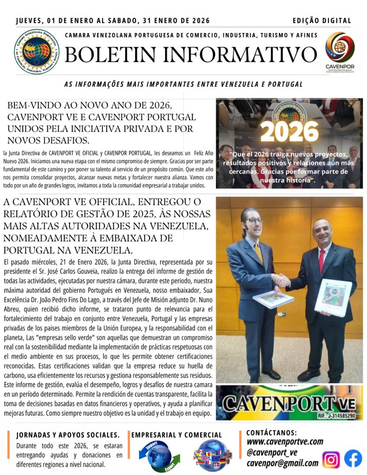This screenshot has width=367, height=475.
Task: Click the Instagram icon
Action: [x=331, y=459]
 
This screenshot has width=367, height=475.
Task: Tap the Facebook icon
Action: [x=353, y=459]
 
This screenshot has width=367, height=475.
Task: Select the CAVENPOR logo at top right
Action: [x=340, y=51]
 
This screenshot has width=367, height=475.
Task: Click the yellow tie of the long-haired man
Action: [x=258, y=252]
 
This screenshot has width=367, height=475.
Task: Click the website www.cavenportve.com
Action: [x=284, y=442]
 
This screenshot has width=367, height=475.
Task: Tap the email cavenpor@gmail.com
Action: [x=282, y=462]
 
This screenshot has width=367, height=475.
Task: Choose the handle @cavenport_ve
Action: [x=272, y=452]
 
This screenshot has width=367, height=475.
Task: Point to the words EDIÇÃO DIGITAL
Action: [x=322, y=21]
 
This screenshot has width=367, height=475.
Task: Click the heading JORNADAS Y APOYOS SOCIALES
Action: [x=68, y=435]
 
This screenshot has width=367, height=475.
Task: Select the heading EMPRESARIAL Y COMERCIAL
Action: [x=177, y=435]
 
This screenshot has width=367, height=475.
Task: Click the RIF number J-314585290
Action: [x=337, y=416]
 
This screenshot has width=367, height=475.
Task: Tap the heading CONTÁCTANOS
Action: [x=271, y=432]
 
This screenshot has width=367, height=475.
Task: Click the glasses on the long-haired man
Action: [x=254, y=220]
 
